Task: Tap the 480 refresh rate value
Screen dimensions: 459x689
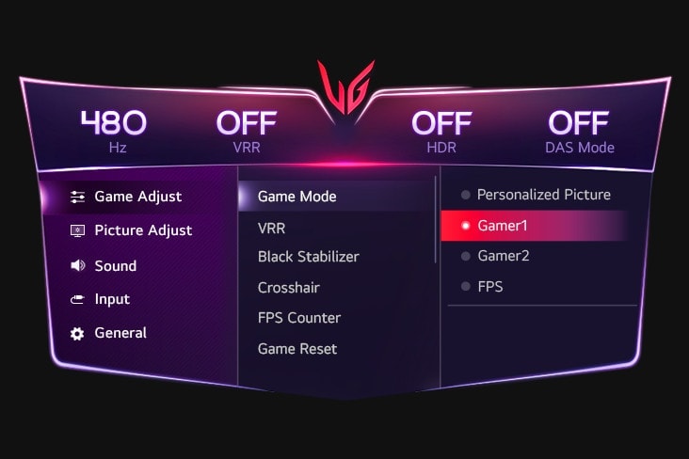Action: coord(113,122)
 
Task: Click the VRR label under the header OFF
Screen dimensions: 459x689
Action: coord(246,148)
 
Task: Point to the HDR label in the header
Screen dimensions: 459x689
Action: coord(441,148)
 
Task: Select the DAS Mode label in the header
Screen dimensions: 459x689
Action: coord(579,148)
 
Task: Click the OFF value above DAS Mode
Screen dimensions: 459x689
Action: coord(579,122)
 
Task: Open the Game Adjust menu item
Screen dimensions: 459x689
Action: coord(137,197)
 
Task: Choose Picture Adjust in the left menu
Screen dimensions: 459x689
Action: coord(142,230)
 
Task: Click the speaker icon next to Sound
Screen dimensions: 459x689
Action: coord(78,266)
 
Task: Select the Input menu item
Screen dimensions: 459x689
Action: coord(112,299)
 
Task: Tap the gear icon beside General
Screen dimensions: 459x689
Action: coord(77,334)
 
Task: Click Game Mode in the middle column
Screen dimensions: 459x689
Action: coord(296,197)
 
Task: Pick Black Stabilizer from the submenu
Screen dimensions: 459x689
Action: coord(308,257)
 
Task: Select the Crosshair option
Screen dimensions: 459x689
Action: coord(289,288)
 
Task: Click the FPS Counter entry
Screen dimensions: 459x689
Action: coord(298,318)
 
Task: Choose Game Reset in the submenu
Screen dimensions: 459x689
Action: coord(296,349)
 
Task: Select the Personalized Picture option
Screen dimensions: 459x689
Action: coord(543,195)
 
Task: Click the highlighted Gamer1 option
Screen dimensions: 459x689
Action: coord(503,226)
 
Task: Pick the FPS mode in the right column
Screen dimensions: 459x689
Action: coord(489,286)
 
